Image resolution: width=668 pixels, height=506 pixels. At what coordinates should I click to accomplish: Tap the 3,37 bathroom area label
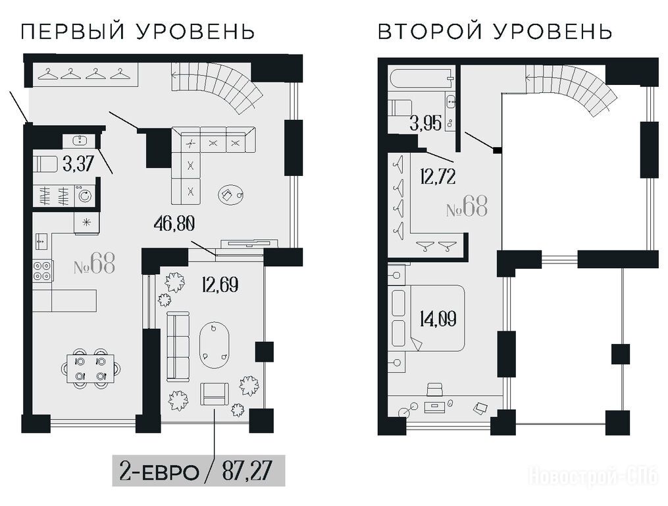pos(78,163)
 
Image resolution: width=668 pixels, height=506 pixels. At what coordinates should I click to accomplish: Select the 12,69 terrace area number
pos(220,285)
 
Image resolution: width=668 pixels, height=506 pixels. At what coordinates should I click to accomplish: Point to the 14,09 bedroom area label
pos(438,319)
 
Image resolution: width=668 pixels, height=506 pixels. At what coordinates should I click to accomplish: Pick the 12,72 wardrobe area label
pos(438,177)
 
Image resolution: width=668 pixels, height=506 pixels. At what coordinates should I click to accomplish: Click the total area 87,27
pos(247,472)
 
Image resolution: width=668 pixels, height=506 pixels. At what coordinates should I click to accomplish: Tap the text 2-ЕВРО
pos(160,472)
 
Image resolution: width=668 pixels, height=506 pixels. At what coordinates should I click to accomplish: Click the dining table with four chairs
pos(90,368)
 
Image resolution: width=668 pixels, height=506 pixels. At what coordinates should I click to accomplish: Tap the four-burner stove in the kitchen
pos(43,271)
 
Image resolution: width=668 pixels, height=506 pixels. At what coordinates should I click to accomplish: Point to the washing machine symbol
pos(86,196)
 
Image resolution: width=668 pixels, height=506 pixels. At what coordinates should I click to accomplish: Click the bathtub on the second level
pos(421,78)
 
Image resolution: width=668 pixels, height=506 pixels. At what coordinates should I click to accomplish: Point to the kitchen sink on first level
pos(41,242)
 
